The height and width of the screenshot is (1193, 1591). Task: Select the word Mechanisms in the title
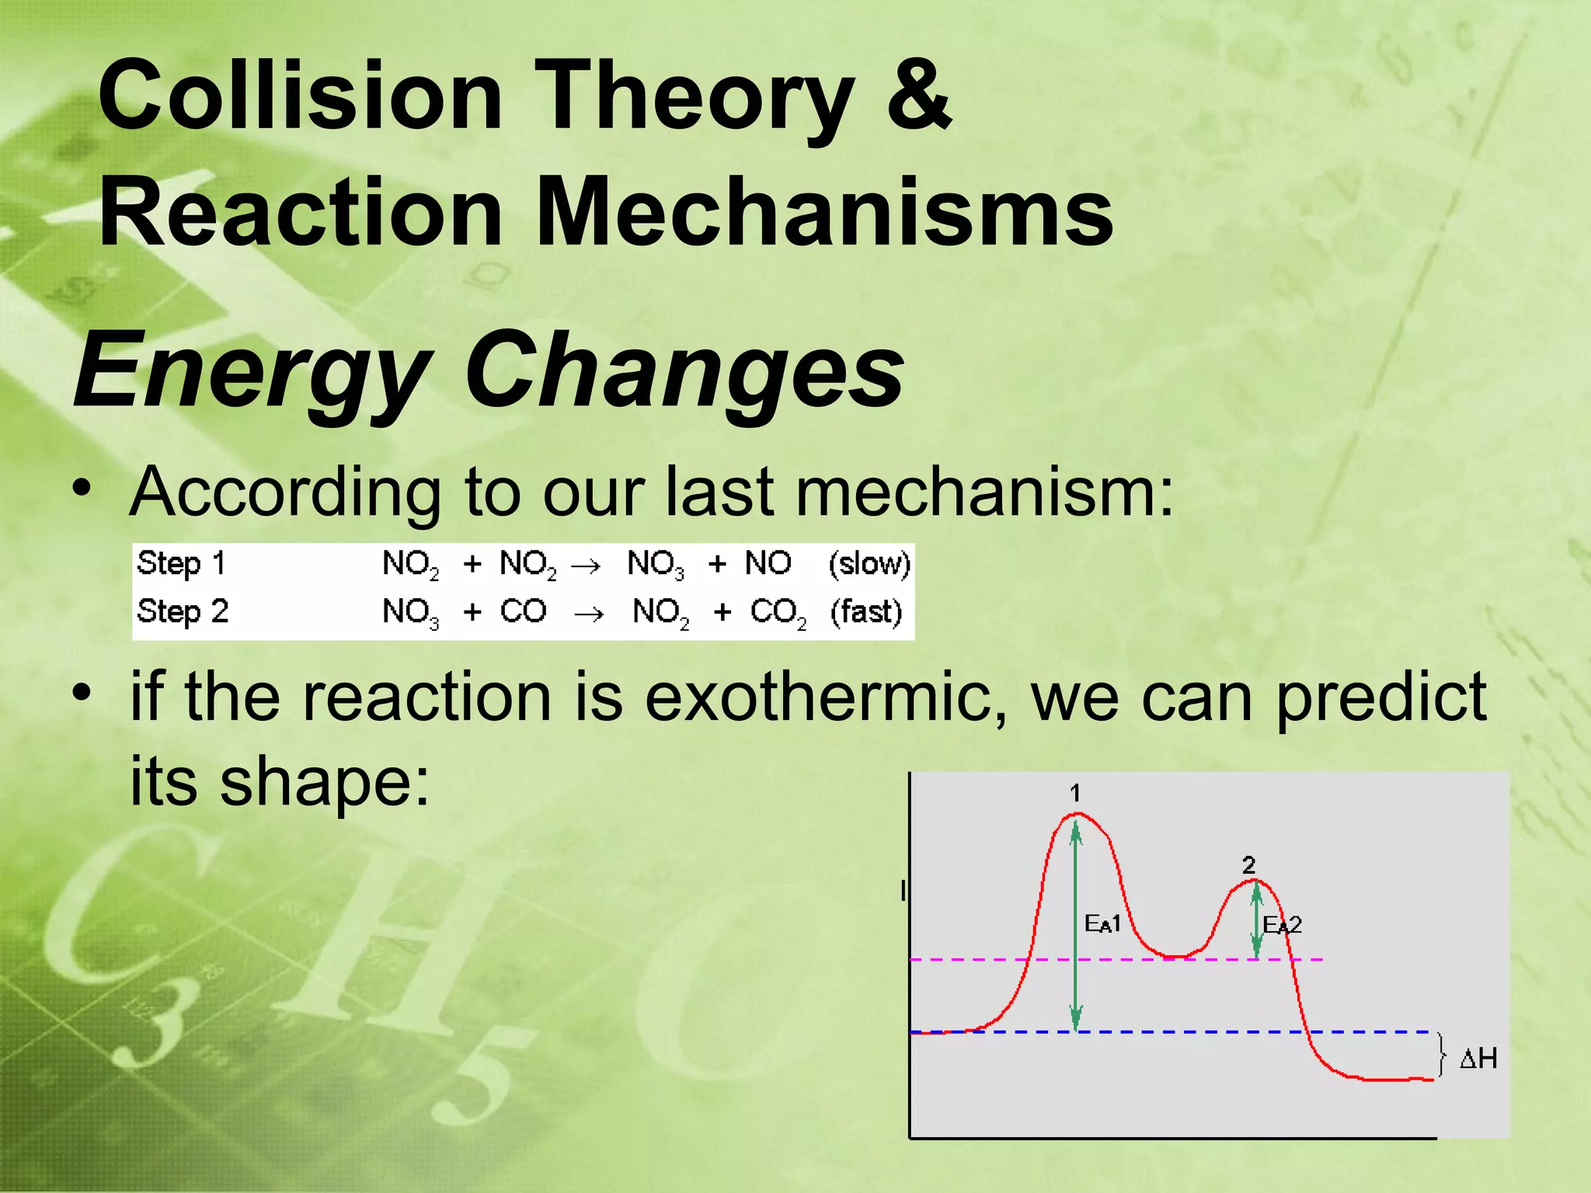(x=823, y=211)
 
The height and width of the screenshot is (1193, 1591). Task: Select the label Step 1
(x=180, y=563)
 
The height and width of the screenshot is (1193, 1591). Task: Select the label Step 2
(x=182, y=612)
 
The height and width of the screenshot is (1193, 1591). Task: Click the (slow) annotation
(x=869, y=563)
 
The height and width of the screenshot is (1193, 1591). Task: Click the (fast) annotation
(x=865, y=612)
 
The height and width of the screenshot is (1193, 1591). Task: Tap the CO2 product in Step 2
(x=778, y=613)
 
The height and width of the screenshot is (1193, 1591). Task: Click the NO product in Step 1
(x=768, y=563)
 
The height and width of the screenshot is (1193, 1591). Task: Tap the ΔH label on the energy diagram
(x=1478, y=1058)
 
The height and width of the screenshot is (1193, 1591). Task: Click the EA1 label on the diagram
(x=1102, y=923)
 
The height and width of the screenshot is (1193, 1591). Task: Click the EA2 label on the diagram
(x=1282, y=925)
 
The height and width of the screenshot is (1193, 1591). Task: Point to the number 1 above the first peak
(x=1075, y=793)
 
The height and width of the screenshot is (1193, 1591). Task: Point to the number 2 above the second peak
(x=1248, y=865)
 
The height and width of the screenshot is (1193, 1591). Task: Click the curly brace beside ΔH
(x=1442, y=1055)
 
